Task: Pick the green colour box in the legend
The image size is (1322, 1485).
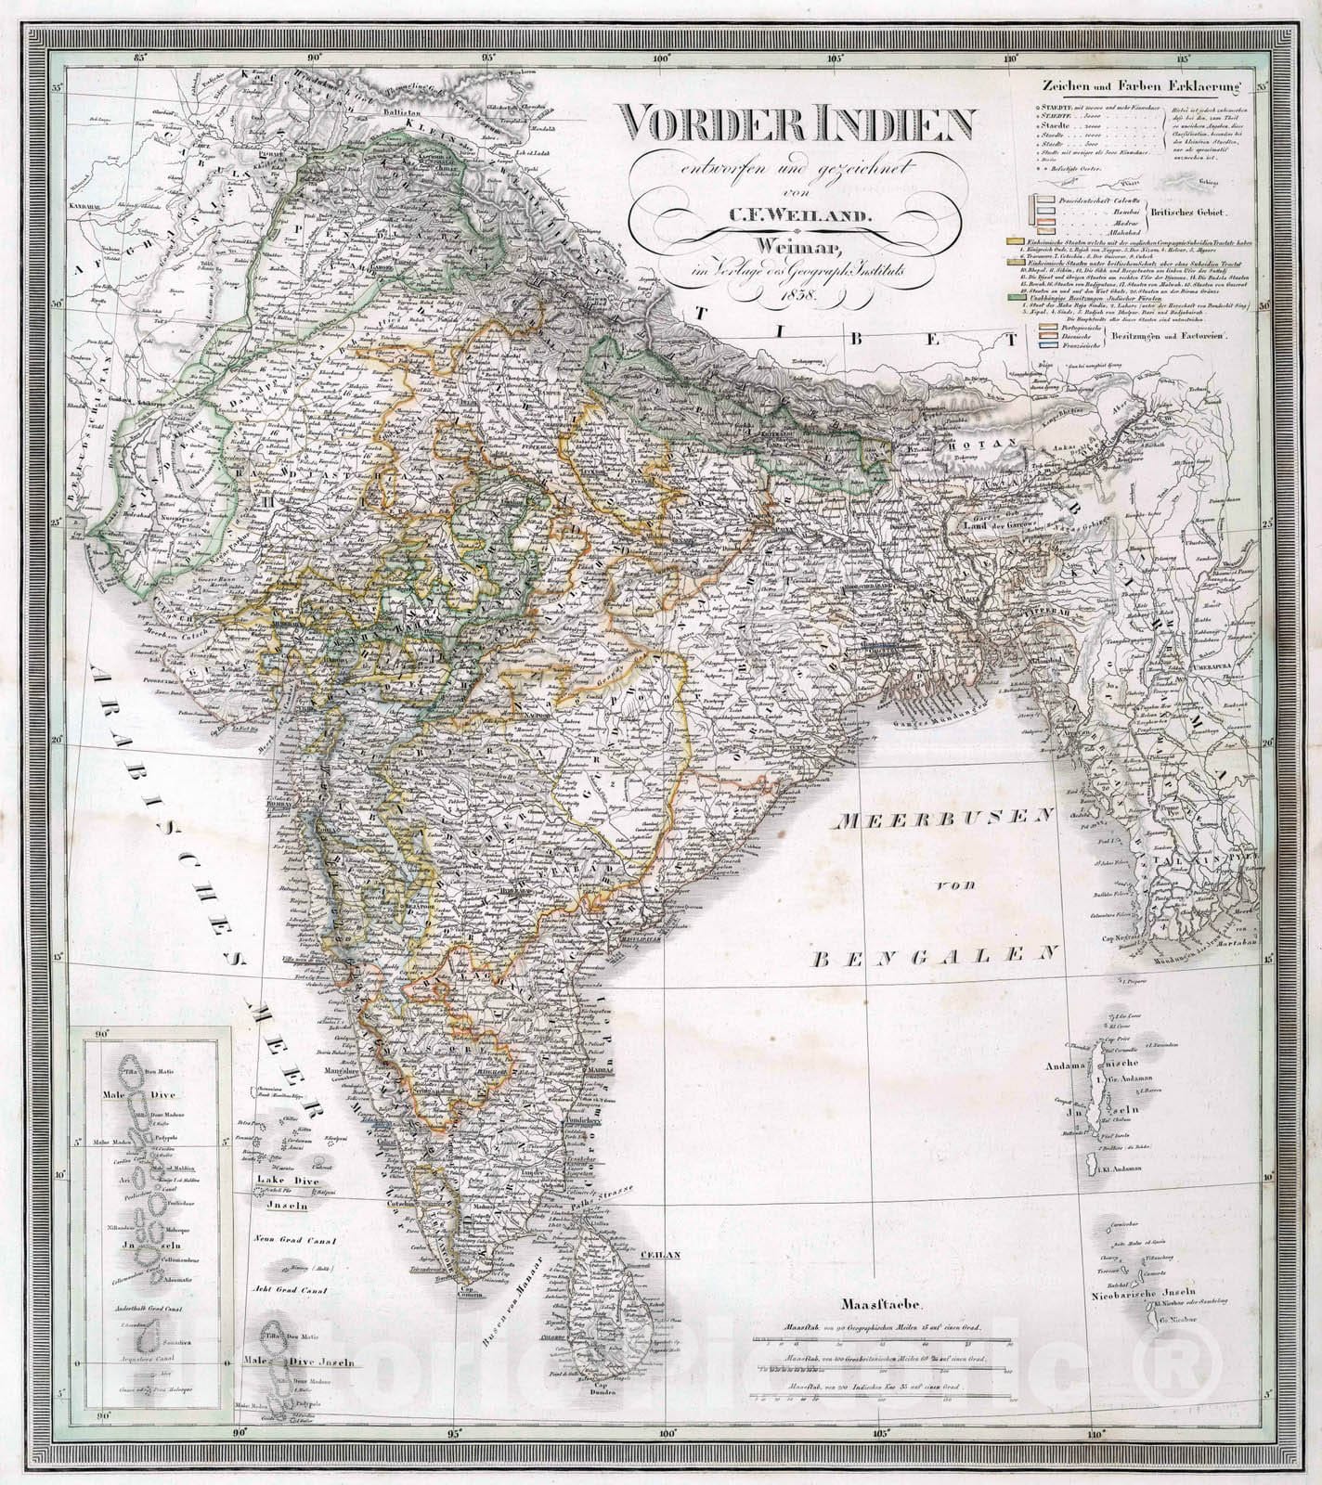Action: tap(1017, 298)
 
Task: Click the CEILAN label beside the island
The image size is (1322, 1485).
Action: tap(660, 1255)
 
